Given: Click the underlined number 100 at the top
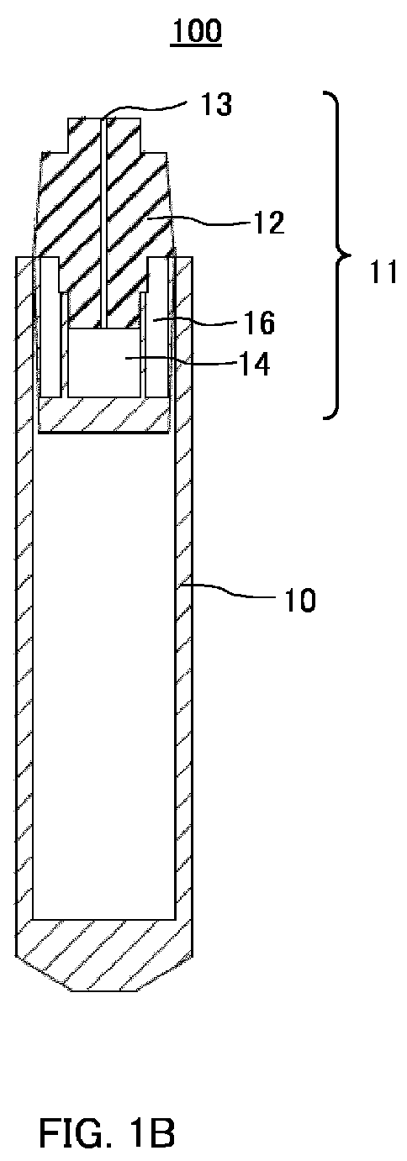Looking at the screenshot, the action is click(x=196, y=31).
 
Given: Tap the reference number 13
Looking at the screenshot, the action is click(x=216, y=104).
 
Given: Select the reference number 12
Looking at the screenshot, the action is click(x=269, y=223).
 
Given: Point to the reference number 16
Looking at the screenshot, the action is click(x=258, y=323).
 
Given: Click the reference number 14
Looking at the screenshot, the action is click(x=254, y=364).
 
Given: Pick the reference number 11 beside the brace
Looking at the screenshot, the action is click(x=383, y=272).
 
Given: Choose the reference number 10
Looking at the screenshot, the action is click(x=299, y=600).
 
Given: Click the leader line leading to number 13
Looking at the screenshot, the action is click(x=145, y=110).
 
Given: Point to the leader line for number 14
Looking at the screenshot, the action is click(x=180, y=360).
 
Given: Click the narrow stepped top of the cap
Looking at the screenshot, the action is click(x=105, y=136).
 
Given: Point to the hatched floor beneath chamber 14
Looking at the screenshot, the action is click(x=104, y=415).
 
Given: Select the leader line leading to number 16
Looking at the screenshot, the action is click(x=196, y=322).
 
